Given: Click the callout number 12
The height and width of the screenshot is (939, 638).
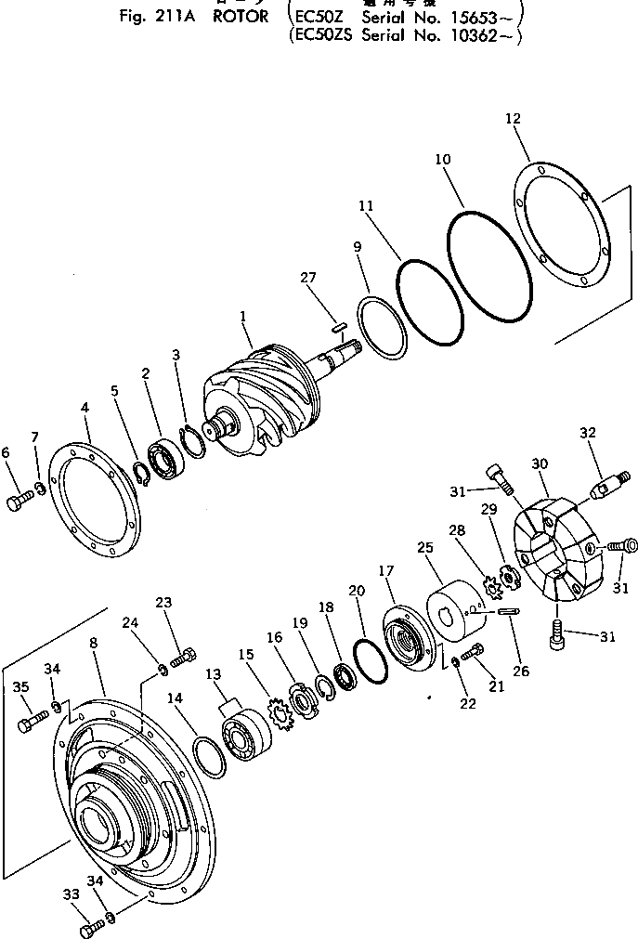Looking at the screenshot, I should pos(513,119).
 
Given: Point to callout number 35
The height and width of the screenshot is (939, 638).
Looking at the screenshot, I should pos(21,688).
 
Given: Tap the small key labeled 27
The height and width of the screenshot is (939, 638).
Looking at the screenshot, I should pos(340,325).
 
